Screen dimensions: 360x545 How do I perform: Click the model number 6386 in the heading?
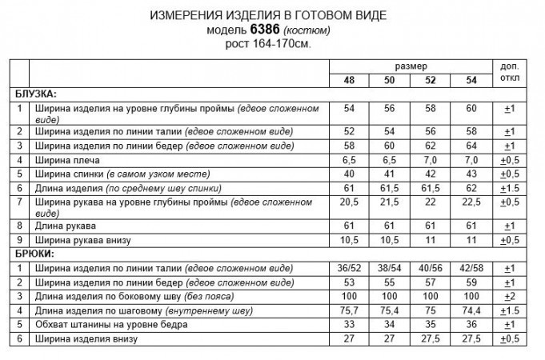(266, 30)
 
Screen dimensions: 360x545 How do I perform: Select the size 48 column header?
(350, 81)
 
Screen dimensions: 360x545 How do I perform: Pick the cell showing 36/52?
(350, 266)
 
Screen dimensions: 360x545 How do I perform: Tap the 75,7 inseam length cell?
(350, 310)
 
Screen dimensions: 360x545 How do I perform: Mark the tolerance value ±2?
(508, 296)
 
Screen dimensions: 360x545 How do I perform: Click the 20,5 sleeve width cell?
(350, 203)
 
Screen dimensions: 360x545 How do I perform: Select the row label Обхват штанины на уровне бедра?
(110, 325)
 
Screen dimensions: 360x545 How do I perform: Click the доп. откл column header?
(508, 72)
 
